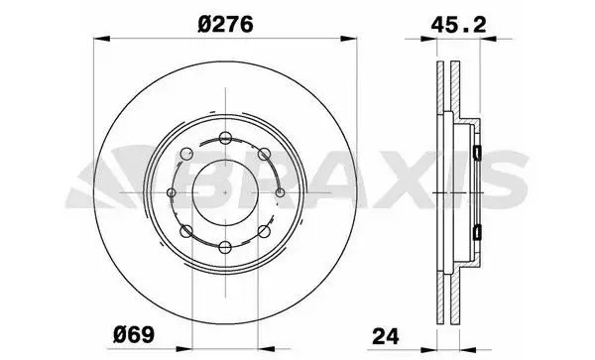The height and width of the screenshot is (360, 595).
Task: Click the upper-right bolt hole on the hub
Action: click(264, 153)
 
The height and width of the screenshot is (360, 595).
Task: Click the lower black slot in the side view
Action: click(478, 231)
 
